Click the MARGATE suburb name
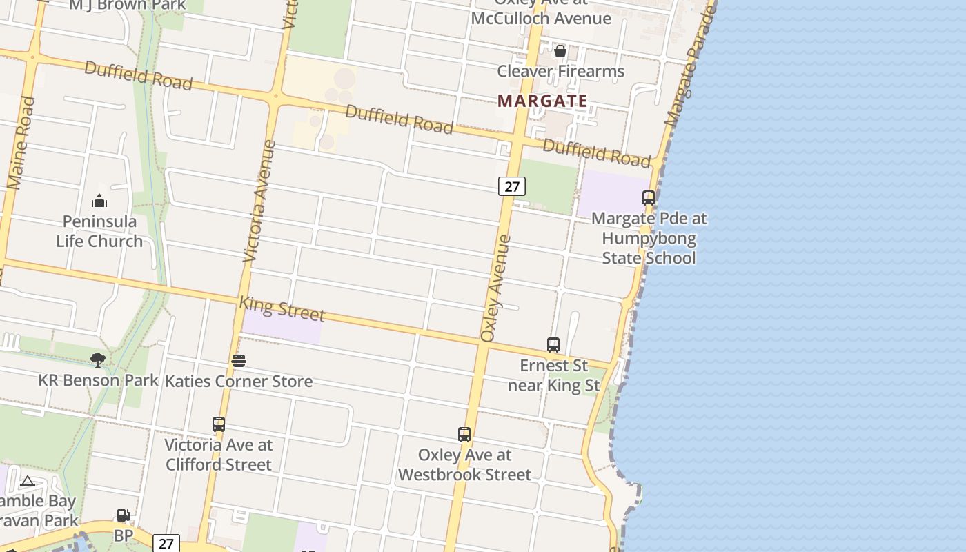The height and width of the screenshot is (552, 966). coord(542,101)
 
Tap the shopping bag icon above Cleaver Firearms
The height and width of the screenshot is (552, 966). coord(560,51)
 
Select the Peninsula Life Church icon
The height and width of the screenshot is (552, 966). coord(99,201)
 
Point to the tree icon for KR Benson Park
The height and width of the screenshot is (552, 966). coord(98,359)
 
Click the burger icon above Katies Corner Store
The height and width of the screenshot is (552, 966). coord(239,360)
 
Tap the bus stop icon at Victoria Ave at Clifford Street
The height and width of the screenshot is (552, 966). coord(219,424)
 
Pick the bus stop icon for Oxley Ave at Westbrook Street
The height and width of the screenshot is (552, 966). coord(464,435)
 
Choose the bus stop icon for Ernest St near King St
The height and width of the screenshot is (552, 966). coord(553,344)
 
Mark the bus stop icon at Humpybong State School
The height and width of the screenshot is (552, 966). coord(649,198)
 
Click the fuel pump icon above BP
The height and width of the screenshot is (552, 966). coord(123,515)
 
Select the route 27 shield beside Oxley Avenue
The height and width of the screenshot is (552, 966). coord(511,186)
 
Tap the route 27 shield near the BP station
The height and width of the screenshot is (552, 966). coord(166,543)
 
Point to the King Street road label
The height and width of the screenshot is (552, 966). coord(282,308)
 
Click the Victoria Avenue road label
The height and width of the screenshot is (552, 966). coord(259,201)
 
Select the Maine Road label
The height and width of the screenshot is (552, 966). coord(21,143)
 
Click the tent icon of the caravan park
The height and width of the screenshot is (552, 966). coord(28,481)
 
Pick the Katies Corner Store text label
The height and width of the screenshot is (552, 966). coord(239,381)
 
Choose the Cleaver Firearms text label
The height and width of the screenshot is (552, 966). coord(560,71)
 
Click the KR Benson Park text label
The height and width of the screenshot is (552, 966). coord(98,380)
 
